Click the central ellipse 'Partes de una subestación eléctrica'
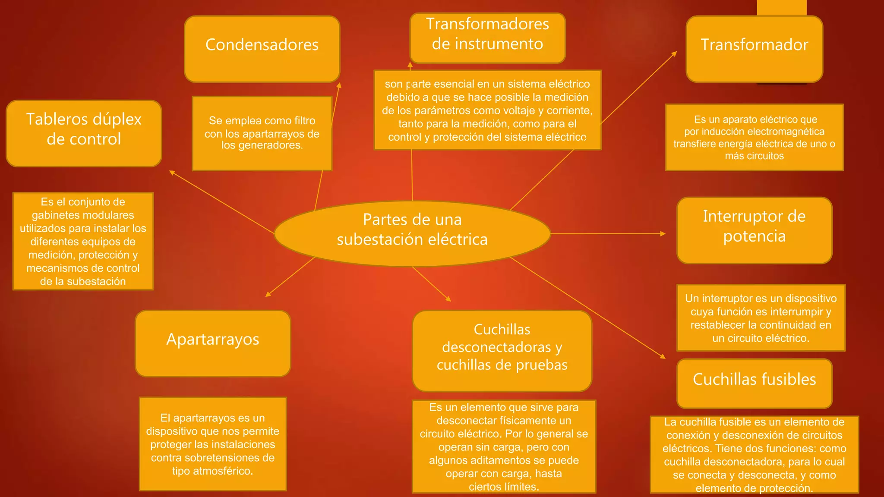(412, 233)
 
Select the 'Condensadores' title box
(262, 49)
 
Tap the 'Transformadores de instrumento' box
(487, 38)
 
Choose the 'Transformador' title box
(754, 49)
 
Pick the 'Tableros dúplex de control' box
(84, 133)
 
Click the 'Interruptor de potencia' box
(754, 230)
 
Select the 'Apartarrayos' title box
(213, 343)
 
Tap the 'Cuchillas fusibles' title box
(754, 383)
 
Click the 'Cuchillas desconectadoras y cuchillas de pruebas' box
(502, 350)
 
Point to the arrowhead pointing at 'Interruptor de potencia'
(663, 234)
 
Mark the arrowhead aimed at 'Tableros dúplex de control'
(172, 173)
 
